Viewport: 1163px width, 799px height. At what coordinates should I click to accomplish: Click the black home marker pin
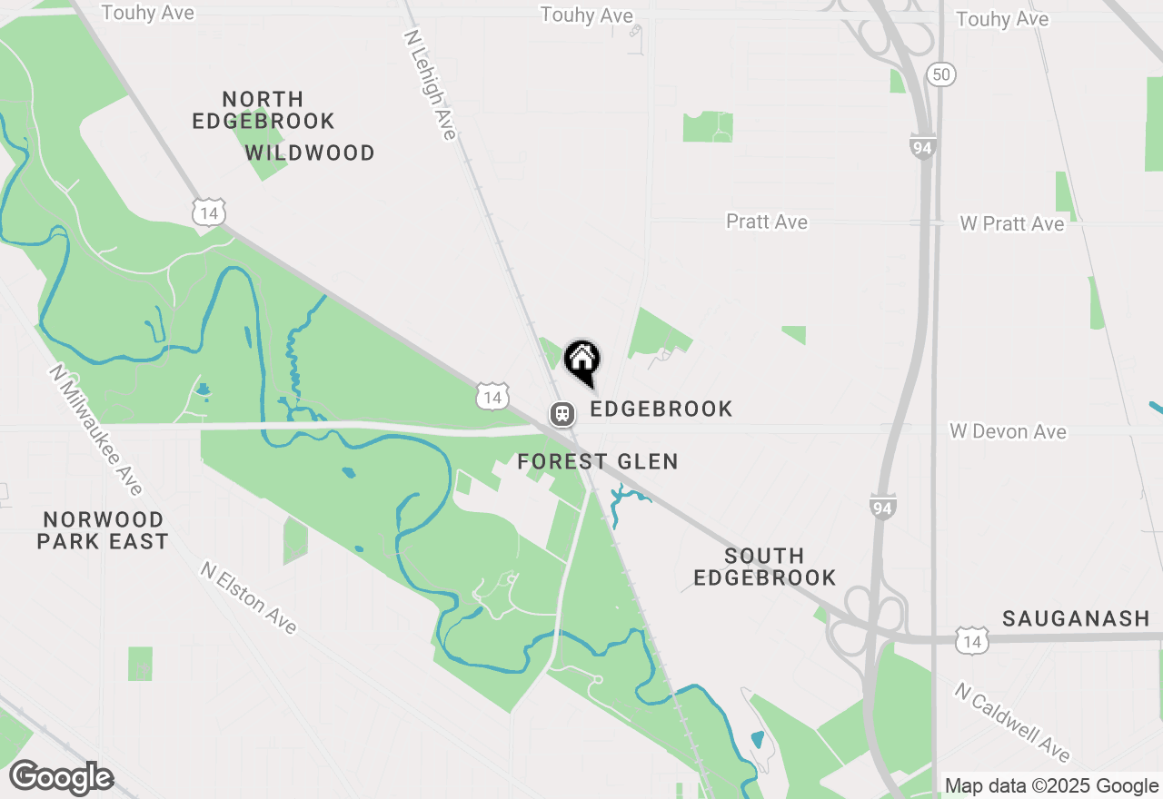click(x=581, y=360)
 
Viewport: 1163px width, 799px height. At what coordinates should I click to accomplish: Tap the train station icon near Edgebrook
click(x=562, y=414)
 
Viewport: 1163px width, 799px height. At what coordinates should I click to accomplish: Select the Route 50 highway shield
click(x=942, y=74)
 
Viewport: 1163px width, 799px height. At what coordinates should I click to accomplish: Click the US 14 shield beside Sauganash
click(x=972, y=641)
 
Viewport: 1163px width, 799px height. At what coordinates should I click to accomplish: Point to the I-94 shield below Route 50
click(x=923, y=145)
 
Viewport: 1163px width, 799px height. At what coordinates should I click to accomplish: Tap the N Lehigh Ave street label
click(x=430, y=83)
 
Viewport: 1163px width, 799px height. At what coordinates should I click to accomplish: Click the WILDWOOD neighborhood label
click(x=310, y=153)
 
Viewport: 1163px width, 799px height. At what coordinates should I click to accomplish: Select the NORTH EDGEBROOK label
click(x=263, y=110)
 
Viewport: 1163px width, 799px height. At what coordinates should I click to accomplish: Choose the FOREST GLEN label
click(x=598, y=461)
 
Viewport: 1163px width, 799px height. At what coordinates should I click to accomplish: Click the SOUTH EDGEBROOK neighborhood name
click(x=765, y=567)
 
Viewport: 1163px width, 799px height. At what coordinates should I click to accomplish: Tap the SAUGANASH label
click(x=1076, y=618)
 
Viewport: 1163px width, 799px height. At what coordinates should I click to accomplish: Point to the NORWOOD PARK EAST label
click(x=104, y=530)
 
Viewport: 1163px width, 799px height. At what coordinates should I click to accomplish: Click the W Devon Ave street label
click(x=1008, y=431)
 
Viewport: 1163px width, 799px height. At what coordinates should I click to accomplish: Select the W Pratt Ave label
click(x=1011, y=223)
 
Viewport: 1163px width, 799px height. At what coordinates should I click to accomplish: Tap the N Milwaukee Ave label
click(x=96, y=430)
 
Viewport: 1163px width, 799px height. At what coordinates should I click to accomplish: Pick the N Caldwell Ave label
click(x=1012, y=723)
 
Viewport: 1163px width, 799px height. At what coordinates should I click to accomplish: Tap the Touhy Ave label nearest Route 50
click(x=1002, y=19)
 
